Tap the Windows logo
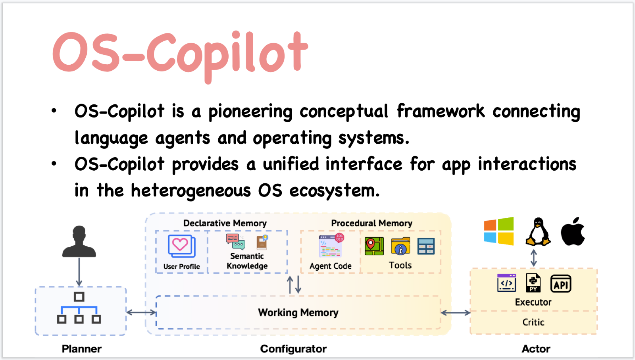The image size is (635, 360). [x=499, y=231]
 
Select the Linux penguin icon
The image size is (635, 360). [x=538, y=232]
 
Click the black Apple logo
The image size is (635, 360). [x=573, y=232]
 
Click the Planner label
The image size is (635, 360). [x=81, y=349]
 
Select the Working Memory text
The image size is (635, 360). [x=298, y=313]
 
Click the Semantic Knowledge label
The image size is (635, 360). [x=247, y=261]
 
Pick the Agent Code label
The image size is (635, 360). [x=330, y=266]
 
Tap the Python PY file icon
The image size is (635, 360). [x=533, y=283]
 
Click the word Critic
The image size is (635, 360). [x=533, y=322]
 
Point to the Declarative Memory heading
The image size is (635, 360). [x=225, y=223]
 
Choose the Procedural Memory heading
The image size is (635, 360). [x=371, y=223]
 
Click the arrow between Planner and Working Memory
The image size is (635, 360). [x=141, y=312]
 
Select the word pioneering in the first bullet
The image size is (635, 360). [x=250, y=112]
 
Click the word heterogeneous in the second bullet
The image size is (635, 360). [x=191, y=191]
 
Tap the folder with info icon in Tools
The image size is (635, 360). [x=400, y=246]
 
